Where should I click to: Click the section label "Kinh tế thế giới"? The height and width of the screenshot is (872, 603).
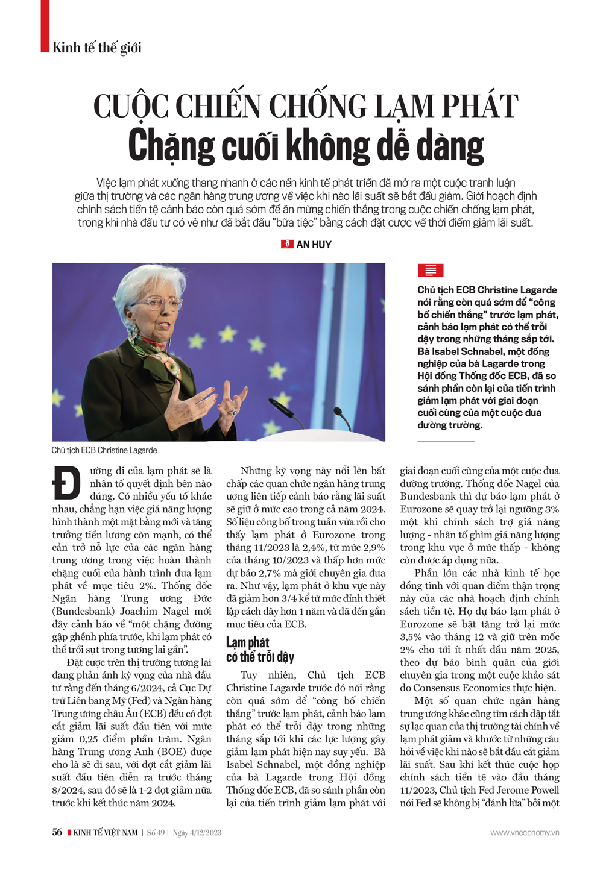96,48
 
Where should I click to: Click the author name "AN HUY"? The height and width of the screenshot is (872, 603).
314,245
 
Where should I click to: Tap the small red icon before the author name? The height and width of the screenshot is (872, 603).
287,244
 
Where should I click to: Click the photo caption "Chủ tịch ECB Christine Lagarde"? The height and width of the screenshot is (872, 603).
104,450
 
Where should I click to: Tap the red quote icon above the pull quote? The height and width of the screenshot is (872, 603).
431,271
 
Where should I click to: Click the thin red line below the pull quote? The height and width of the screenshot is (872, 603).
446,441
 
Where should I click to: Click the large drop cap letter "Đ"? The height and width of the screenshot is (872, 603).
66,483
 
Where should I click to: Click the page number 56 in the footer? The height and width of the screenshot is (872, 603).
57,832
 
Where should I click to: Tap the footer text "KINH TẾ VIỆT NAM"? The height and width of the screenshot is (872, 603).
106,833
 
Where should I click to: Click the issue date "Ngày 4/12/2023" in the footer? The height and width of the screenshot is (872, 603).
197,833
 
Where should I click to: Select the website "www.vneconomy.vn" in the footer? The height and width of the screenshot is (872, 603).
525,833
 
